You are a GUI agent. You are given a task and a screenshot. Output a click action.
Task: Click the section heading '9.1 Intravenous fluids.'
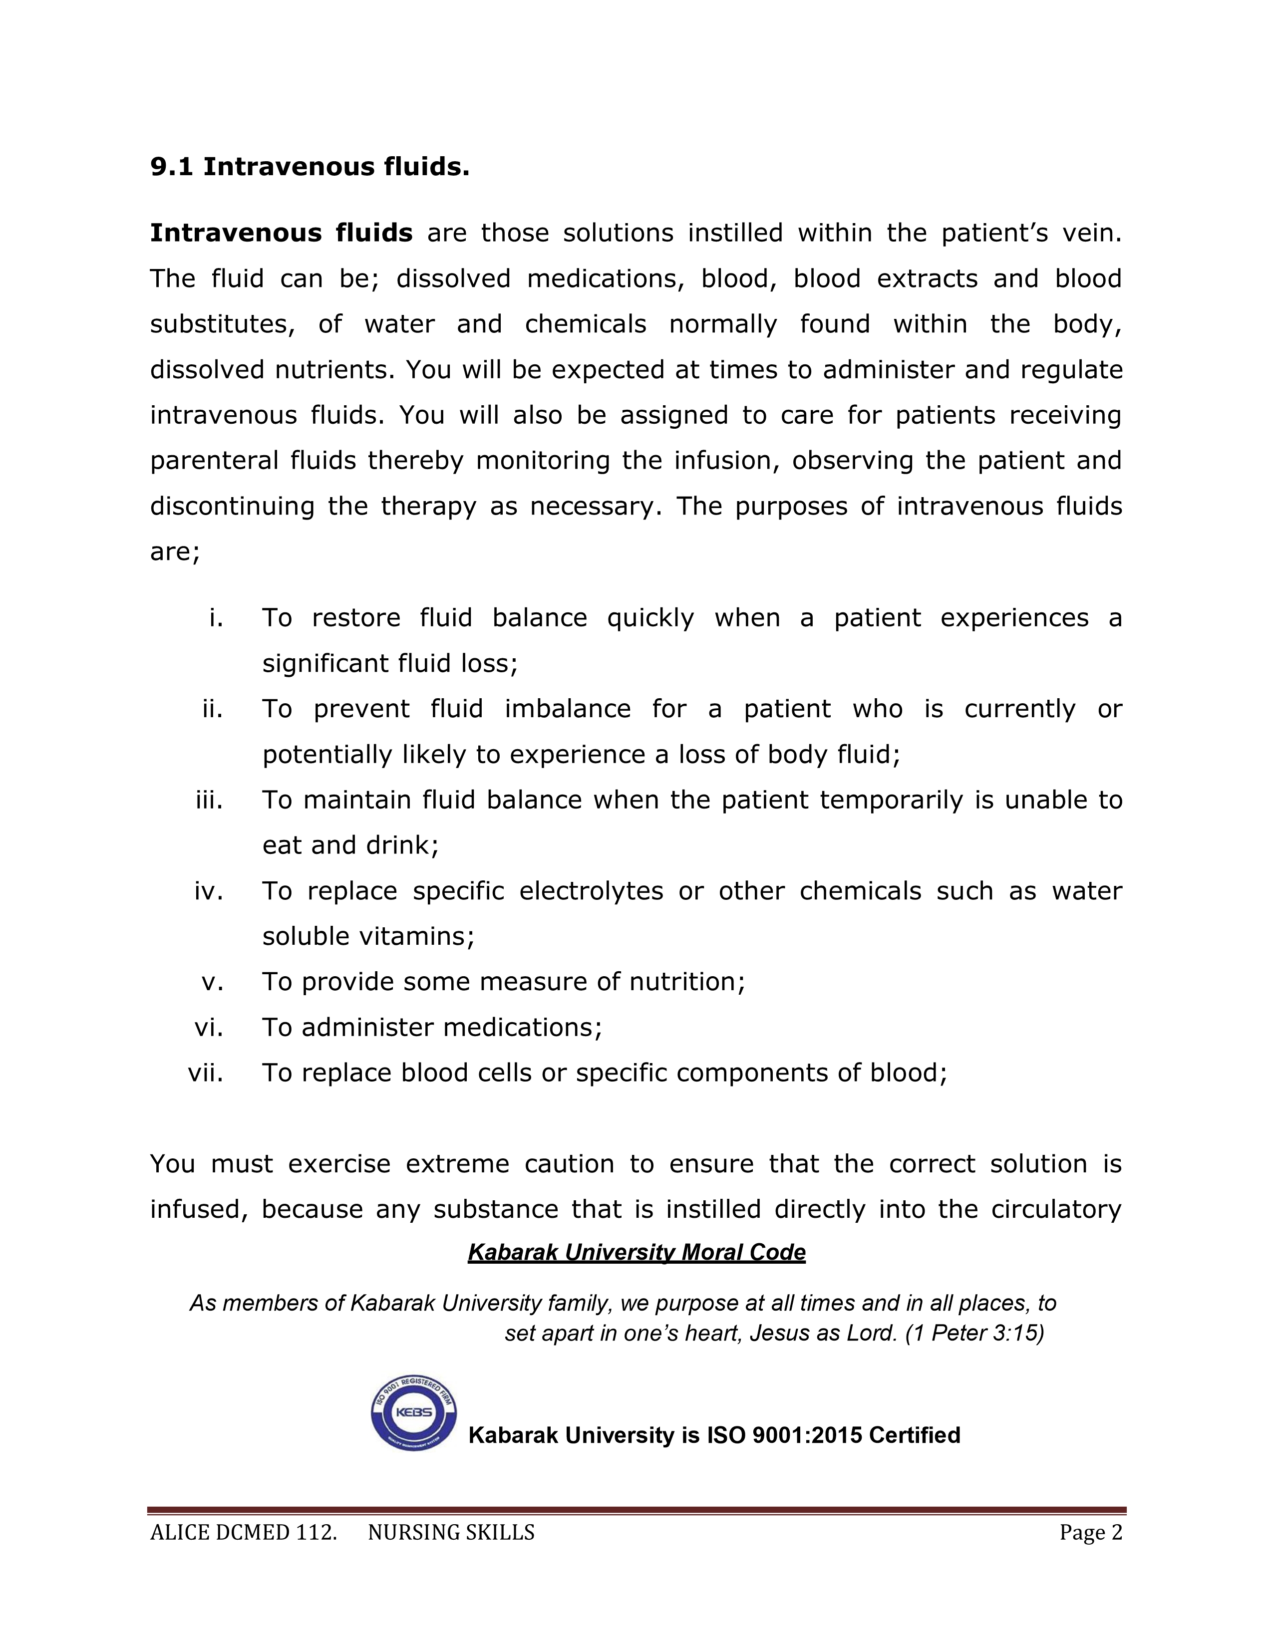pos(310,167)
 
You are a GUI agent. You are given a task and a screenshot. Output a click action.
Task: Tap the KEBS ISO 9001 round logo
pos(413,1412)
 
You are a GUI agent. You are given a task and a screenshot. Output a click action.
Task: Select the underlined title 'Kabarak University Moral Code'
pos(636,1253)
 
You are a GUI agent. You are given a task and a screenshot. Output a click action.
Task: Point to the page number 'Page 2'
pos(1090,1532)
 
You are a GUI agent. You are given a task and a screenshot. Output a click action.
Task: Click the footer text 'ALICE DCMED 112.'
pos(243,1532)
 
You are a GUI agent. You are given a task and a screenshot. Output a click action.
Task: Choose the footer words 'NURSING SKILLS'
pos(451,1532)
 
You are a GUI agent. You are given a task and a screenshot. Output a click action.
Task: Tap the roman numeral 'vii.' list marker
pos(206,1073)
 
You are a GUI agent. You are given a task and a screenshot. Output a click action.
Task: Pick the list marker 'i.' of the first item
pos(217,618)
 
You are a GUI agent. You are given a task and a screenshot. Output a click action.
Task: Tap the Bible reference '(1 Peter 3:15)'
pos(974,1333)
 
